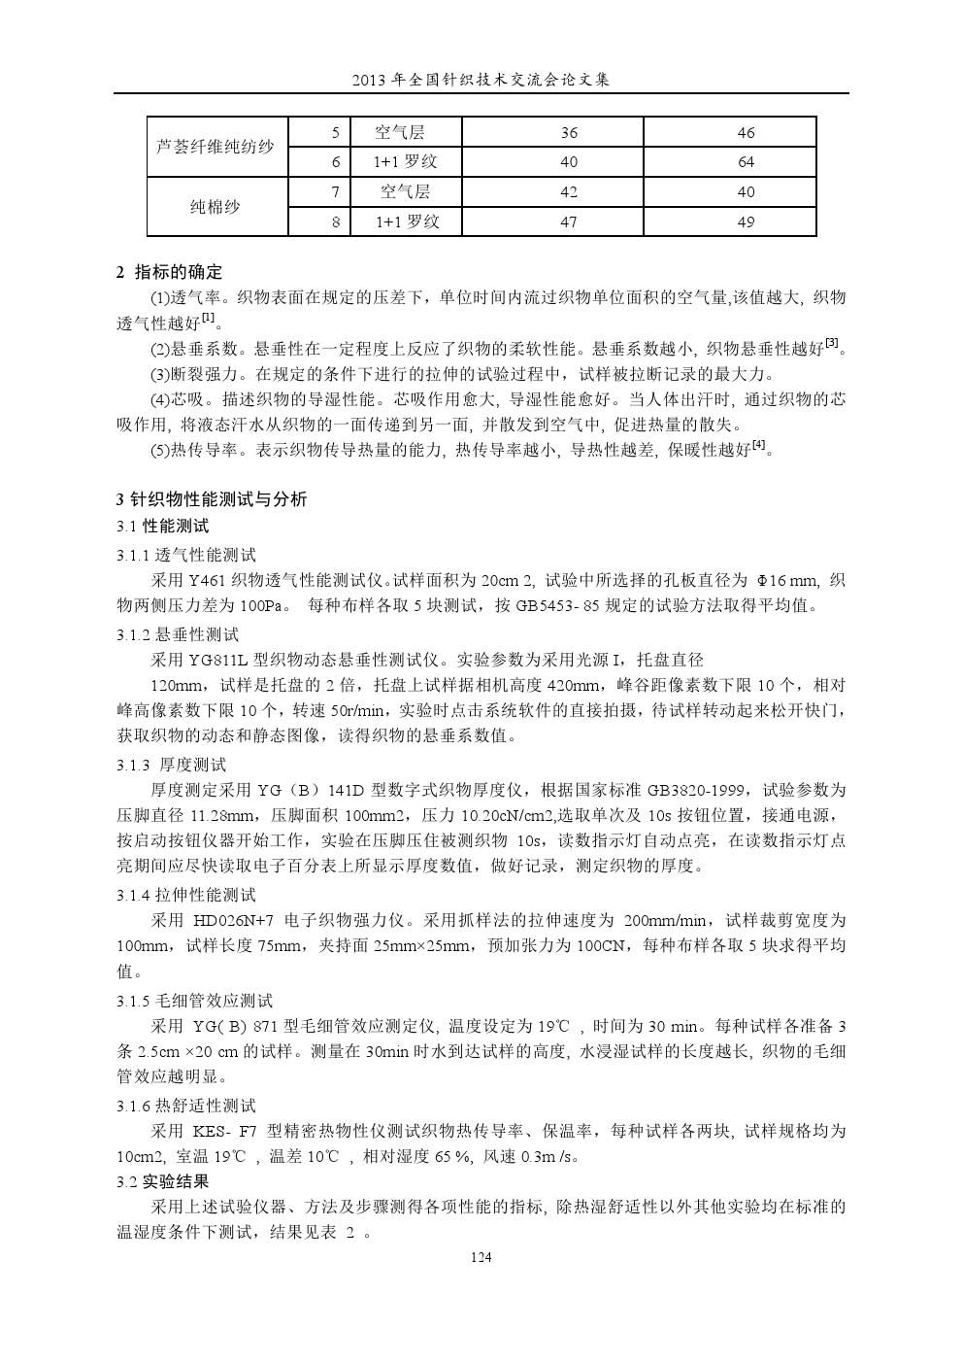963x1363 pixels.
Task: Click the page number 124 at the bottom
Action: tap(481, 1257)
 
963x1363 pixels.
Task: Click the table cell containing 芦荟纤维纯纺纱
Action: tap(216, 148)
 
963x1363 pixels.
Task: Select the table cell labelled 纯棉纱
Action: tap(216, 206)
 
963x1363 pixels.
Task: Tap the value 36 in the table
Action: tap(569, 133)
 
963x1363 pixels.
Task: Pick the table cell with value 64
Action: tap(746, 162)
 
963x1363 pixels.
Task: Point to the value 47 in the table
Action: tap(569, 221)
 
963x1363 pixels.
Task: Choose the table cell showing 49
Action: tap(746, 221)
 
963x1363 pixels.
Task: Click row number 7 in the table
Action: tap(336, 192)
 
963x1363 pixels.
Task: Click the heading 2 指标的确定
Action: tap(170, 272)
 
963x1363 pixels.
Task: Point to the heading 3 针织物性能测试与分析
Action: tap(212, 499)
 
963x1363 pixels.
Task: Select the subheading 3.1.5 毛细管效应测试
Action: tap(194, 1000)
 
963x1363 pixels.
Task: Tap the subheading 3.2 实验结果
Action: tap(162, 1182)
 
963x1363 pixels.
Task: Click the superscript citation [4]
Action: tap(758, 446)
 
